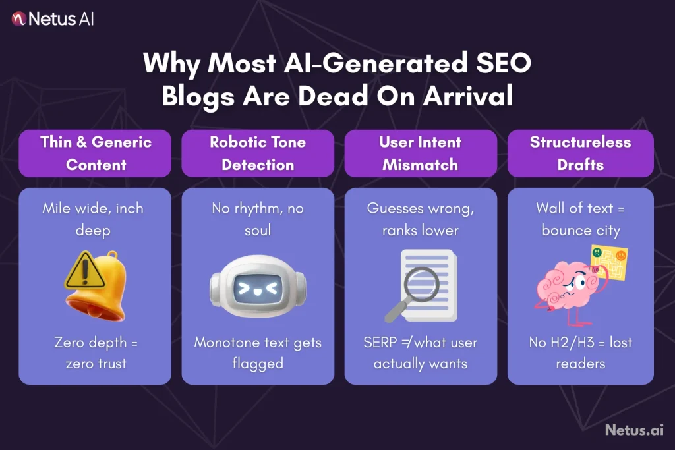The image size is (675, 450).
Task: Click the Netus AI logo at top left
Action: pyautogui.click(x=53, y=18)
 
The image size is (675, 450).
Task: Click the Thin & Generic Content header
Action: pyautogui.click(x=95, y=153)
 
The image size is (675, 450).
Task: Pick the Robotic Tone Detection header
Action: pyautogui.click(x=258, y=153)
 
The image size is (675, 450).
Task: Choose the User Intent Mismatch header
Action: pyautogui.click(x=420, y=153)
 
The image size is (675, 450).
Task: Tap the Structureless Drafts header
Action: pyautogui.click(x=580, y=153)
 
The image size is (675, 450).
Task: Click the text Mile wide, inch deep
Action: pyautogui.click(x=93, y=219)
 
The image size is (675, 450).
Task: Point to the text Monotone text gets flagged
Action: pyautogui.click(x=258, y=353)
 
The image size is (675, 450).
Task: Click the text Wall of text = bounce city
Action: pyautogui.click(x=580, y=219)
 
